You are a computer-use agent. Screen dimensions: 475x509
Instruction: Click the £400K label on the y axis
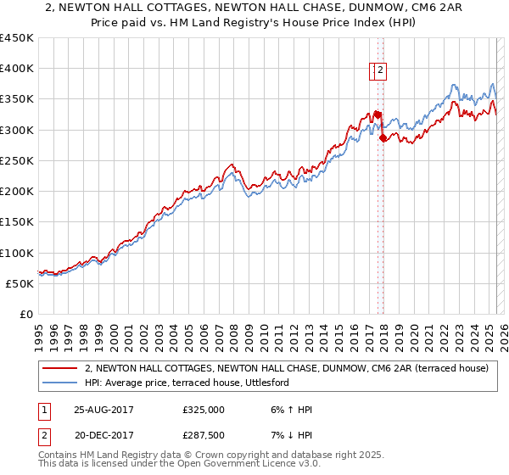pos(16,69)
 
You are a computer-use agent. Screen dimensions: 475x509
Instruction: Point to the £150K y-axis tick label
pos(16,222)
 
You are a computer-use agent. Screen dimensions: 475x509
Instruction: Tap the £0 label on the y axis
pos(26,315)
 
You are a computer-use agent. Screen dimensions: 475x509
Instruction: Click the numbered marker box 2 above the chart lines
pos(380,71)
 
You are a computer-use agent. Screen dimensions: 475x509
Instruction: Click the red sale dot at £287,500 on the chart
pos(383,137)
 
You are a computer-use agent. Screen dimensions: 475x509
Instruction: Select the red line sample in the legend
pos(59,369)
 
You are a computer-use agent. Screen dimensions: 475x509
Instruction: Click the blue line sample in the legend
pos(59,383)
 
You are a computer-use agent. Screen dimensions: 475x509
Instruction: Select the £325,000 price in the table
pos(204,409)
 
